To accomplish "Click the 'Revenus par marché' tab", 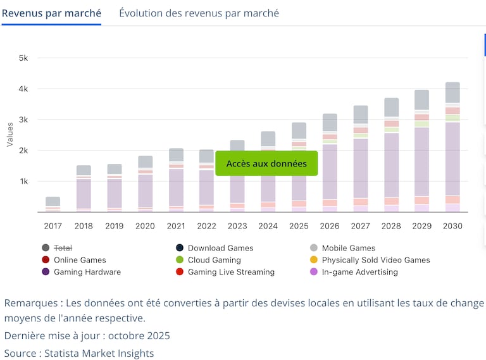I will [51, 13].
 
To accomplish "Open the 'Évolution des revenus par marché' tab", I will [199, 13].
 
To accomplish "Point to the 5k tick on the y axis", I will [23, 58].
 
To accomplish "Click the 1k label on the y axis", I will [23, 182].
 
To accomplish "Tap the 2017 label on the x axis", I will [53, 226].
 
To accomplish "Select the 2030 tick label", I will [452, 226].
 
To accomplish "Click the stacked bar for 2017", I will [53, 202].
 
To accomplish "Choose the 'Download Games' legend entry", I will [220, 248].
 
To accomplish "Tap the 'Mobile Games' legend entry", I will [348, 248].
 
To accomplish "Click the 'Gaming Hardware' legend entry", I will [87, 272].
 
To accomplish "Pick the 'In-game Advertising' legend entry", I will [359, 272].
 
